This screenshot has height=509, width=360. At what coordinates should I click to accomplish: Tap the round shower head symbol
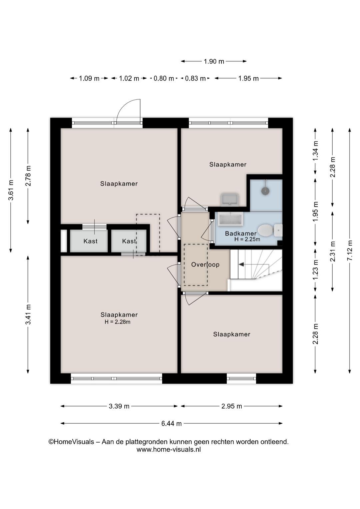pos(265,190)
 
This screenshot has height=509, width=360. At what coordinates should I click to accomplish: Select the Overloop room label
pos(205,265)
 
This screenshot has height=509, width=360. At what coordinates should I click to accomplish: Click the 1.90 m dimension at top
pos(214,61)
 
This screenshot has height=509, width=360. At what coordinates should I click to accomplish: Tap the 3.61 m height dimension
pos(11,190)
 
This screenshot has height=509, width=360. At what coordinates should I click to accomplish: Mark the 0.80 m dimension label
pos(164,78)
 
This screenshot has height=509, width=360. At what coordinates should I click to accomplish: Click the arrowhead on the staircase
pos(241,265)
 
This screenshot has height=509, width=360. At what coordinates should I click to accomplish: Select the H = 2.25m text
pos(247,239)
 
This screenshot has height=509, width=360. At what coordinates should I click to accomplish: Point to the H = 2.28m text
pos(117,322)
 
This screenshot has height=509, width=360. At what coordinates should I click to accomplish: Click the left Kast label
pos(90,241)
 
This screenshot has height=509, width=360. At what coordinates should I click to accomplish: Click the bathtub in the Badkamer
pos(230,219)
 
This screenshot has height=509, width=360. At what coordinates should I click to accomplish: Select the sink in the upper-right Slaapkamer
pos(229,199)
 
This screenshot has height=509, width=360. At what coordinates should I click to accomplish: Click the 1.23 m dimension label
pos(315,270)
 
